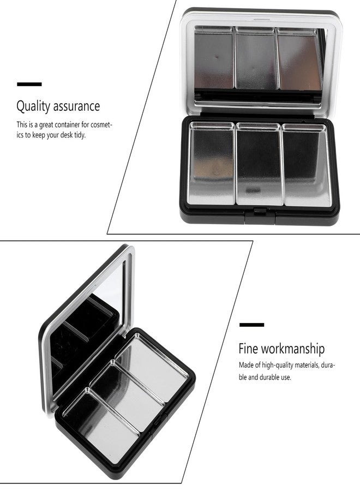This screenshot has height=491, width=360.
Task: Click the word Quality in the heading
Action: pyautogui.click(x=31, y=105)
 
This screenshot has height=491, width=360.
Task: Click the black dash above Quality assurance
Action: pyautogui.click(x=29, y=84)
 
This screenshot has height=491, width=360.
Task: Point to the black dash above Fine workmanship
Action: pyautogui.click(x=251, y=325)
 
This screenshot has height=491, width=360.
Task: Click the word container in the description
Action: pyautogui.click(x=67, y=124)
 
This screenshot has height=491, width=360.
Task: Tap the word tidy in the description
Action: pyautogui.click(x=79, y=134)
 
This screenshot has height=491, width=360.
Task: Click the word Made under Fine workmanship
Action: pyautogui.click(x=246, y=365)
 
